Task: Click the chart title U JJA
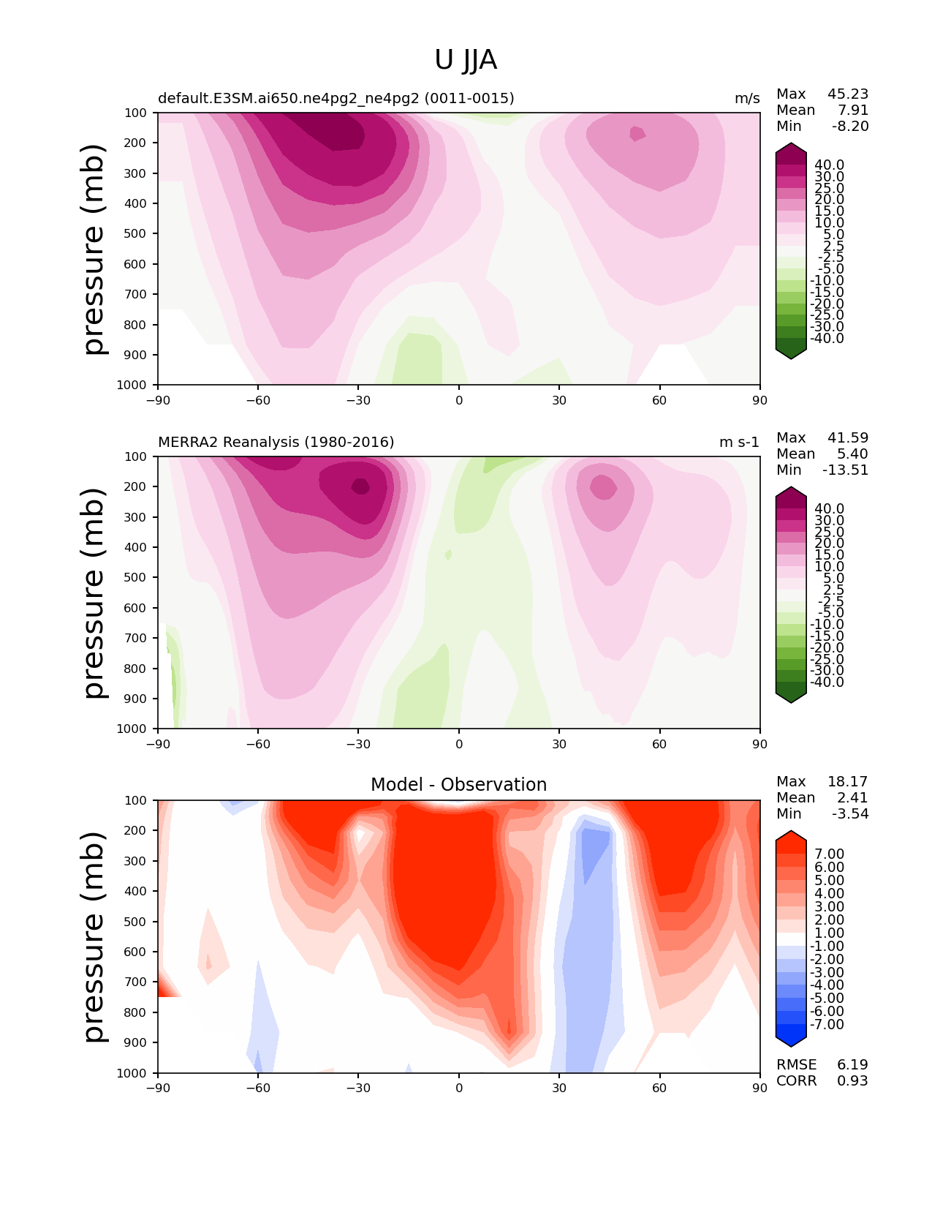tap(466, 60)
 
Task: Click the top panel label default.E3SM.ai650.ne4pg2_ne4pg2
tap(336, 98)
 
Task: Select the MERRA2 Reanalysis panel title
tap(276, 442)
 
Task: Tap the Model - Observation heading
tap(458, 785)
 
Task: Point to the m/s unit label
tap(747, 99)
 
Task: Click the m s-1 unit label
tap(739, 442)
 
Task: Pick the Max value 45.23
tap(847, 94)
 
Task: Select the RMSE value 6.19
tap(852, 1064)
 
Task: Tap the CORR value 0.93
tap(852, 1080)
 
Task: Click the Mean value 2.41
tap(852, 797)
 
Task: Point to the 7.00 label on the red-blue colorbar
tap(829, 854)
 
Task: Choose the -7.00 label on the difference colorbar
tap(827, 1024)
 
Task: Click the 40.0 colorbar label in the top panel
tap(829, 165)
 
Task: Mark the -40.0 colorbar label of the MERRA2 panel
tap(827, 682)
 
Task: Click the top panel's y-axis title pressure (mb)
tap(94, 249)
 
